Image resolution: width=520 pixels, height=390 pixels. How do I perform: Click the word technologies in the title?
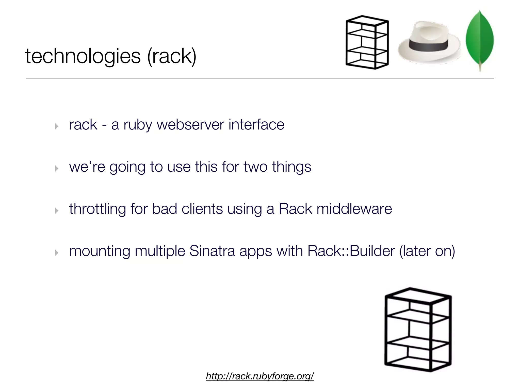tap(83, 56)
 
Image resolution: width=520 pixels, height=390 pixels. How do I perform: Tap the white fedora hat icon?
tap(429, 42)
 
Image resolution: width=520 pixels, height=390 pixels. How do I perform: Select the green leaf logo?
tap(480, 39)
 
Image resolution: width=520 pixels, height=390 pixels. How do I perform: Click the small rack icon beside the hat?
tap(367, 42)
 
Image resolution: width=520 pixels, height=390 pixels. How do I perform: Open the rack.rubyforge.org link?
tap(260, 376)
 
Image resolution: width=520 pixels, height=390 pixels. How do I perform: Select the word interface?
tap(256, 125)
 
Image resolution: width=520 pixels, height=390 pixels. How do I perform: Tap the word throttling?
tap(97, 209)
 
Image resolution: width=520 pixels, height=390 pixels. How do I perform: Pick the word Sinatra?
tap(212, 251)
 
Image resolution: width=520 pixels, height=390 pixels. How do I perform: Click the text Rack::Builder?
tap(351, 251)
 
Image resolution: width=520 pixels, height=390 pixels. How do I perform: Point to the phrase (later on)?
tap(427, 251)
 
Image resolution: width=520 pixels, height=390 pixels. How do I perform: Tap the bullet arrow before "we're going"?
tap(57, 168)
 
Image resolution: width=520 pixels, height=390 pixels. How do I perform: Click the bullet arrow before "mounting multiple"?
tap(57, 253)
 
